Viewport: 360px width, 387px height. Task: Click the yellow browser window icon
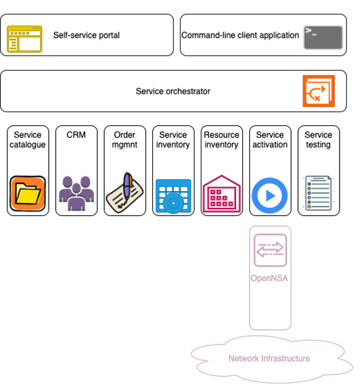(24, 39)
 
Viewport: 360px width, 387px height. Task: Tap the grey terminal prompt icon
(323, 37)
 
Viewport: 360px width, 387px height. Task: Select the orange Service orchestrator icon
(318, 91)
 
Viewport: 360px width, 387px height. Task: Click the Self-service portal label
(86, 35)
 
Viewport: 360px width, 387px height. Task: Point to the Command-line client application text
(240, 35)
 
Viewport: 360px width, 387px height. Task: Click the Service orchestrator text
(173, 91)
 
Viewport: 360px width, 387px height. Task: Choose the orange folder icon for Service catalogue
(28, 193)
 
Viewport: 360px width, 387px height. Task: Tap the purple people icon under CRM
(76, 193)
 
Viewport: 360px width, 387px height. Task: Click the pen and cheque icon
(125, 192)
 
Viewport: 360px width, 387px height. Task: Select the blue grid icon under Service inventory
(173, 196)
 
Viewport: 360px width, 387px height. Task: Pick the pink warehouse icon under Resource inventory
(221, 193)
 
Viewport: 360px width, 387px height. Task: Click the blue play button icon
(270, 195)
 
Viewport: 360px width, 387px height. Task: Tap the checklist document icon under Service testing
(318, 193)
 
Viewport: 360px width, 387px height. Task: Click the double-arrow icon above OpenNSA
(270, 251)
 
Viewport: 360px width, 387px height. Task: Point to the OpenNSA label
(270, 278)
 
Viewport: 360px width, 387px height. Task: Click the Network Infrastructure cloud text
(269, 358)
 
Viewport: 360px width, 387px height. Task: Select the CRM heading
(76, 135)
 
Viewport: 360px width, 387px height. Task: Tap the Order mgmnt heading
(125, 140)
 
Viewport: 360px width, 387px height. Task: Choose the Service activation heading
(270, 140)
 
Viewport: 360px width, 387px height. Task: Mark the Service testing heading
(318, 140)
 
